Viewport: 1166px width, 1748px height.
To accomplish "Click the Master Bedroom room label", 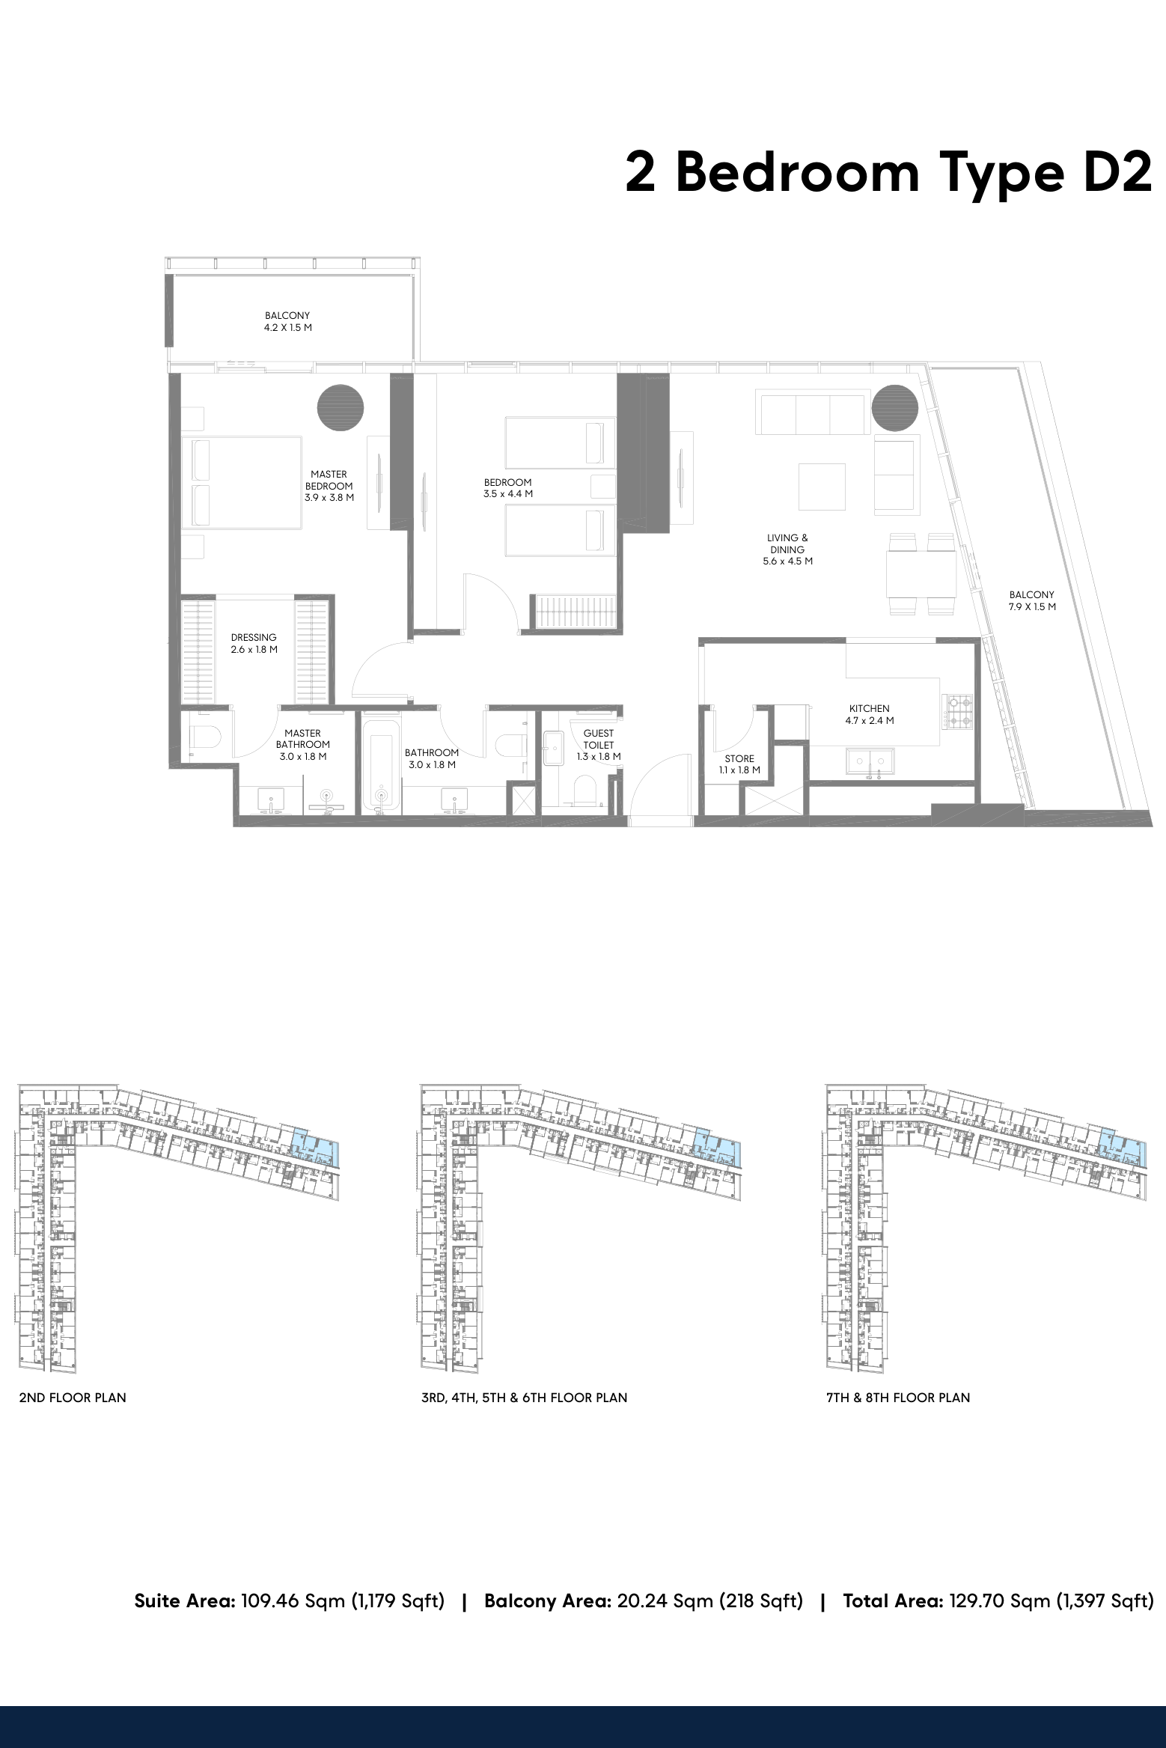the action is [329, 486].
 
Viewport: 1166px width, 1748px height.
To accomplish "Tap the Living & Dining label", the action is [787, 549].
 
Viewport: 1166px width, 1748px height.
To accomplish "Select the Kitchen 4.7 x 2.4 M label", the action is [870, 715].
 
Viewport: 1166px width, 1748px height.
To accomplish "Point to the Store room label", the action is [739, 764].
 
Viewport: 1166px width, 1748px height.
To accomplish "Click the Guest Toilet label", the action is [599, 745].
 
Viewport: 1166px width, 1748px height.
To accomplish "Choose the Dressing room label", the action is [254, 644].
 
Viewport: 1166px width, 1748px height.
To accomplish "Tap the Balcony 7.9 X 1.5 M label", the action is [1032, 601].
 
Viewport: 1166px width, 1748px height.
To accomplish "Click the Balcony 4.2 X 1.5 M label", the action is [287, 322].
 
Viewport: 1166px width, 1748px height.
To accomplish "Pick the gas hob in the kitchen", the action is [959, 711].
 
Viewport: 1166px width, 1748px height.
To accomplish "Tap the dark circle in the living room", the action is [895, 409].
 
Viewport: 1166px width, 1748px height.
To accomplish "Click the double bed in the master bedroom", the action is [242, 484].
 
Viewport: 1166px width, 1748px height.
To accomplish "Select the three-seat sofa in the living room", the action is [813, 412].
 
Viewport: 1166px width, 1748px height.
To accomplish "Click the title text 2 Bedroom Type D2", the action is [888, 173].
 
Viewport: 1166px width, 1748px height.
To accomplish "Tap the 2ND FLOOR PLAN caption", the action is [73, 1398].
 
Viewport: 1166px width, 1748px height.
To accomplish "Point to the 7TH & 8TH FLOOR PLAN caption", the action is [898, 1398].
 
